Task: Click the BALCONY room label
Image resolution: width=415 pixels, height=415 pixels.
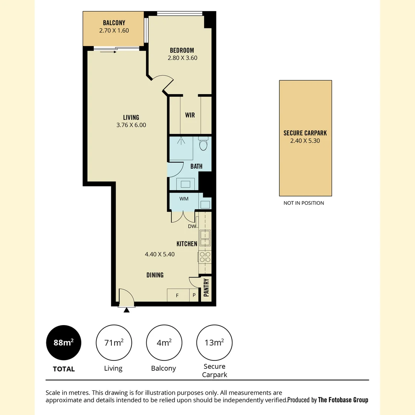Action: click(114, 23)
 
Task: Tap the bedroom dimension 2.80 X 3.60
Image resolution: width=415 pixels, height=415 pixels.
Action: click(182, 58)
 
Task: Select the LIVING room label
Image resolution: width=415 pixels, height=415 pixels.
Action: click(131, 118)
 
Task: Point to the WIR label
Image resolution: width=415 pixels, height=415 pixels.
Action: click(190, 115)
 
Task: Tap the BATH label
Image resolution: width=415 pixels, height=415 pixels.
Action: click(196, 166)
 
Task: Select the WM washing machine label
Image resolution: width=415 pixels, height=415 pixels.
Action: click(184, 199)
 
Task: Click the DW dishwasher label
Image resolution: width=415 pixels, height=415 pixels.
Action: click(192, 227)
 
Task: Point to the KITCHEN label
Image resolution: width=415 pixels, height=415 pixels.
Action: click(187, 244)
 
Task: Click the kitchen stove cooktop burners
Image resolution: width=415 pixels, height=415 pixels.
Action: click(205, 257)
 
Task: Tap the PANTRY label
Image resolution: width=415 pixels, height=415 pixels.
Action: click(206, 287)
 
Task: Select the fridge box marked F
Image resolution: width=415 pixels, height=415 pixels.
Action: click(177, 295)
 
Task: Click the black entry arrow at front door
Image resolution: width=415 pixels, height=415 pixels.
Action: click(126, 310)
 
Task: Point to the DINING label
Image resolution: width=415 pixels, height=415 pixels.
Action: click(155, 275)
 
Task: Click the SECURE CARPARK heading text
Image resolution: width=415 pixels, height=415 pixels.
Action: click(305, 133)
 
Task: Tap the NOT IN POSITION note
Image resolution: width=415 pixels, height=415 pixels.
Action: click(304, 203)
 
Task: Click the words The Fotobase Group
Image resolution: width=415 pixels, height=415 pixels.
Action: click(343, 400)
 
